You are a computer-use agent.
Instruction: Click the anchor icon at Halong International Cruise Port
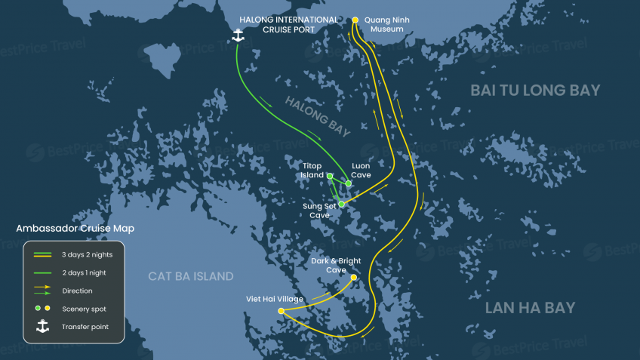click(238, 35)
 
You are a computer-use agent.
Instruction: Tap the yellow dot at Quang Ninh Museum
click(355, 20)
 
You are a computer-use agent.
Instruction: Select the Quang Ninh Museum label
click(386, 24)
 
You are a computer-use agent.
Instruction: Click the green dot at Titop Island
click(330, 176)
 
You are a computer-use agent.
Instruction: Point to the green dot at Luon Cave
click(348, 183)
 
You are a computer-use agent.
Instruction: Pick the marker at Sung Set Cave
click(342, 204)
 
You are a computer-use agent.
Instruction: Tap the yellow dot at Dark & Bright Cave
click(353, 277)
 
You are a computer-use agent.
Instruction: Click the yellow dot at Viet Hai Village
click(281, 311)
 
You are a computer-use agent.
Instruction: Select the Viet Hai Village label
click(275, 299)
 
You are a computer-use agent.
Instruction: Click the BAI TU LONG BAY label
click(535, 91)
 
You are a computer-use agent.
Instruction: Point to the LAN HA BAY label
click(530, 308)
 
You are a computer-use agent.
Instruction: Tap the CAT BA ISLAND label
click(191, 276)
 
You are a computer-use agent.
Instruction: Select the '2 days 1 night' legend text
click(85, 272)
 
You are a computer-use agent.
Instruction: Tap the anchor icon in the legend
click(43, 326)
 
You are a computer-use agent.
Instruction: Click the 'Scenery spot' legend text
click(84, 309)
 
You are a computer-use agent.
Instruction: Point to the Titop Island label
click(312, 171)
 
